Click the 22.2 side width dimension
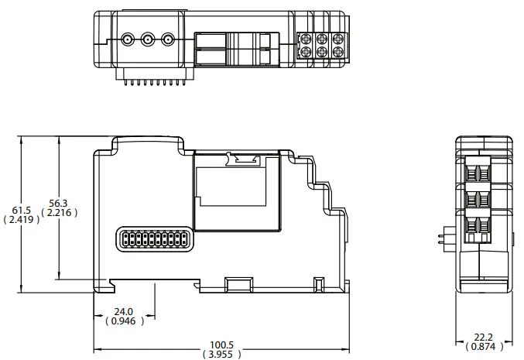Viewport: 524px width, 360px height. point(483,338)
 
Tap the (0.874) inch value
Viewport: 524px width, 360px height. point(483,348)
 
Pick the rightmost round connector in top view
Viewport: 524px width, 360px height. point(166,38)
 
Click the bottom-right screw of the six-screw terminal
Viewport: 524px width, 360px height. point(338,52)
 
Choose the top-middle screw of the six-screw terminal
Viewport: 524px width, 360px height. point(322,37)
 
